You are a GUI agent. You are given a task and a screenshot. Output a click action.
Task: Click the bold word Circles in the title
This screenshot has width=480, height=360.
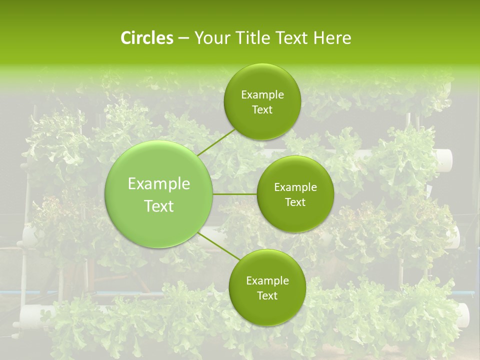146,38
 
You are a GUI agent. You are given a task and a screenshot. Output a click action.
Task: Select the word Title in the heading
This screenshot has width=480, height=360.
253,38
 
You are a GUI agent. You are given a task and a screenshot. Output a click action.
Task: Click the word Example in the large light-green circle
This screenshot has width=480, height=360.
159,184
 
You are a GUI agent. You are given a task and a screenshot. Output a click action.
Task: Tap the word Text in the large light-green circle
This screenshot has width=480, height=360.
159,206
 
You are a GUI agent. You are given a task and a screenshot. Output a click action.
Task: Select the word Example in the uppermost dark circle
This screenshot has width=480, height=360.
262,95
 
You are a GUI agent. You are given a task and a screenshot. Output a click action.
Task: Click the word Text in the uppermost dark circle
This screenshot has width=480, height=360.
262,110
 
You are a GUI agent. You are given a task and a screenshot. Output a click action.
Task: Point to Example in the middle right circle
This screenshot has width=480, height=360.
295,187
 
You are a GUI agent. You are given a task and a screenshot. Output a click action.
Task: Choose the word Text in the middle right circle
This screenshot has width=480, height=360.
295,202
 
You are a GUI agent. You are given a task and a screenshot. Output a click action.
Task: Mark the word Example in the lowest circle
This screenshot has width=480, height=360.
267,281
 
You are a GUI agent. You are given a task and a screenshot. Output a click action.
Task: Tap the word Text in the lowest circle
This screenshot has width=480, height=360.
267,296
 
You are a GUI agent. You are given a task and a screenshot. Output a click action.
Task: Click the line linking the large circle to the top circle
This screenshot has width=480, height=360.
216,143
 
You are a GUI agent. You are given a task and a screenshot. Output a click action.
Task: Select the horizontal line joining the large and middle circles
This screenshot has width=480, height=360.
235,194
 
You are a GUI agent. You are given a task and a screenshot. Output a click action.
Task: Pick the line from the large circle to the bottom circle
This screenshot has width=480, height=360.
218,246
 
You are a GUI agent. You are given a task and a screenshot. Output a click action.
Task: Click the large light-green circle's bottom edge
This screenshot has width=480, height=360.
159,247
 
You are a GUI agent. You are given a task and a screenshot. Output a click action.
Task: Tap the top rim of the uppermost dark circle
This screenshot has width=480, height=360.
262,64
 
